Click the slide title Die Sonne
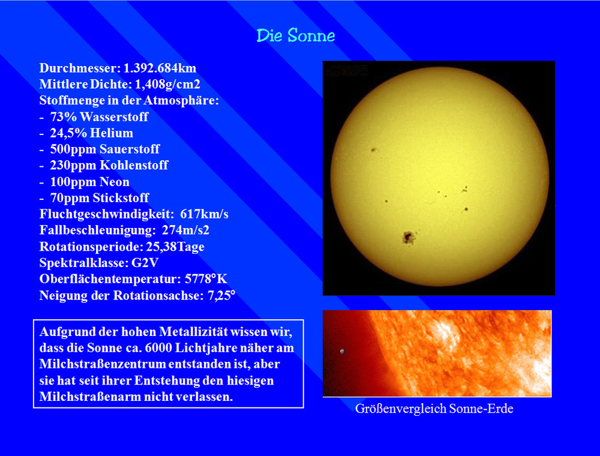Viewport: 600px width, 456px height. click(296, 35)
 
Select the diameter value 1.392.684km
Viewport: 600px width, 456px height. click(160, 68)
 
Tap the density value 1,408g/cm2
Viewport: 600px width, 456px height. click(167, 85)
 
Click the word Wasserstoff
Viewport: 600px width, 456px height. click(114, 116)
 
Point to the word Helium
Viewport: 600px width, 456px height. click(112, 133)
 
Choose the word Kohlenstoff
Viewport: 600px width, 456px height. click(134, 165)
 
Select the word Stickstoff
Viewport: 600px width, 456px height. click(121, 198)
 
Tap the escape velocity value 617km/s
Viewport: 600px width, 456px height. click(205, 214)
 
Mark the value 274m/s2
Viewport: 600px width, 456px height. click(185, 230)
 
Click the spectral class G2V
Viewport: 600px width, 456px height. click(145, 263)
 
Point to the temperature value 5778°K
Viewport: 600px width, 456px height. click(206, 279)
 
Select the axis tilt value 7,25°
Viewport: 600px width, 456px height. click(221, 295)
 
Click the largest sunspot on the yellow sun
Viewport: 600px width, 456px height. click(409, 238)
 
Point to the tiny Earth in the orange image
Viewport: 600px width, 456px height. click(342, 351)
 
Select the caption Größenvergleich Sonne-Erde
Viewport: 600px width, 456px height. click(434, 409)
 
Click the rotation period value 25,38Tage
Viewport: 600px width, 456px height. click(175, 247)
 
